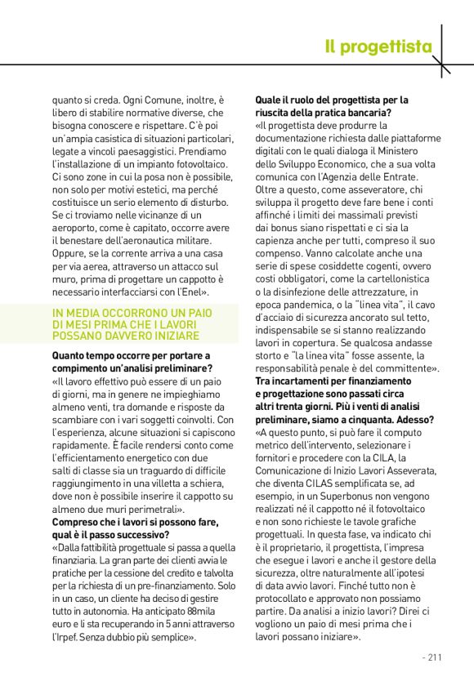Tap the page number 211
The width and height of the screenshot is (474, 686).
(432, 656)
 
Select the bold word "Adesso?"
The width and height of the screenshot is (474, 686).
(413, 419)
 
